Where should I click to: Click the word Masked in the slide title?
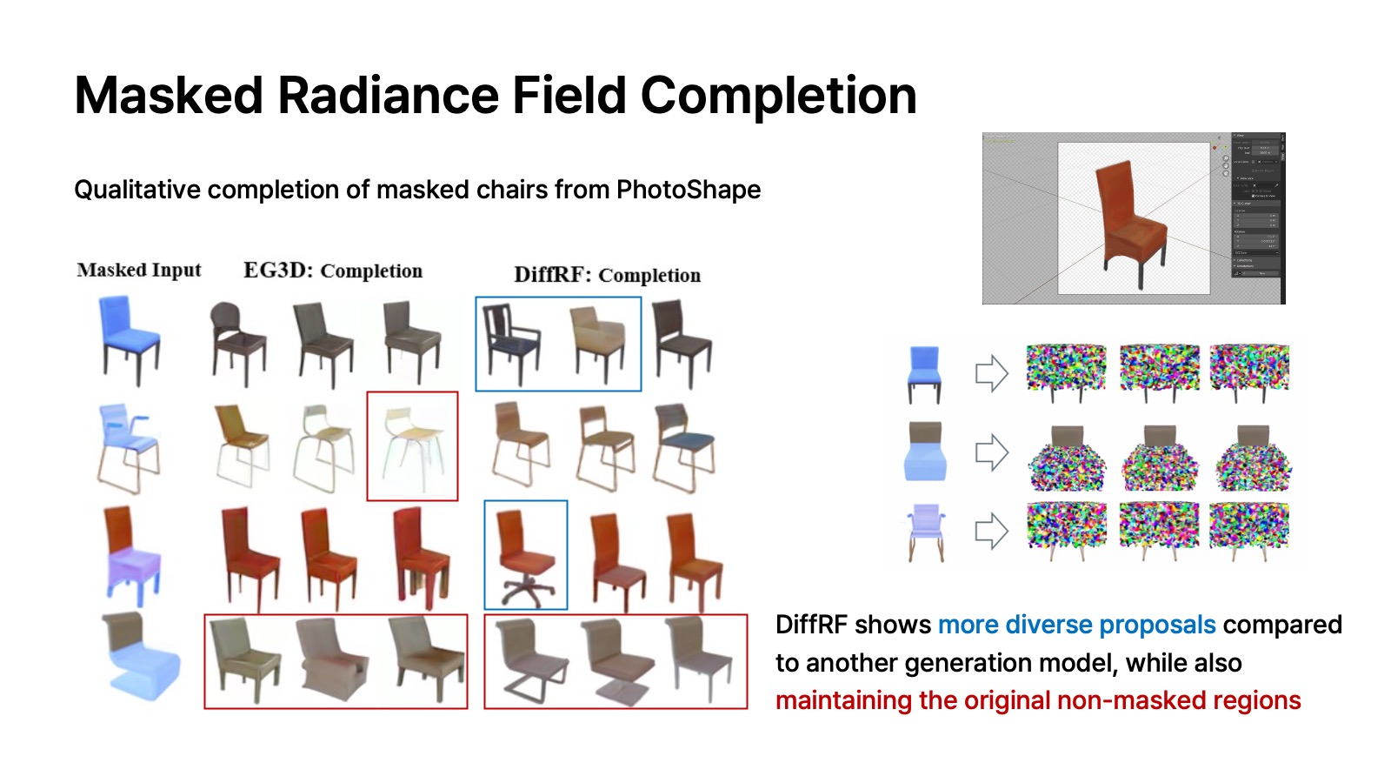click(x=169, y=96)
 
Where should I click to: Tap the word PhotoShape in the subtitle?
click(x=688, y=190)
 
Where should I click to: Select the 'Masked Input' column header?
click(x=139, y=271)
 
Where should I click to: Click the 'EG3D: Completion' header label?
click(x=333, y=271)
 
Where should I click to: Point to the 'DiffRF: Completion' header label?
click(x=607, y=276)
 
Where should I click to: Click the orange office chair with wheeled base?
click(x=524, y=557)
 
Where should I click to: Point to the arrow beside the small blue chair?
click(x=991, y=374)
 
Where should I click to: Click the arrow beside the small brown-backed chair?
click(x=991, y=452)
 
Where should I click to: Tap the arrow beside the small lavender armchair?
click(x=991, y=531)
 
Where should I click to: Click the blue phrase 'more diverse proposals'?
click(x=1076, y=625)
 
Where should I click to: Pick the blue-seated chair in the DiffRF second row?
click(x=685, y=445)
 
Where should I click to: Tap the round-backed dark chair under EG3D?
click(x=237, y=341)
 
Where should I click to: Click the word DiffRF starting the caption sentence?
click(x=809, y=625)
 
